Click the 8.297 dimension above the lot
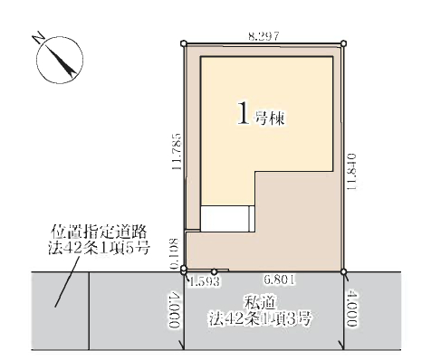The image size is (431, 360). click(x=263, y=36)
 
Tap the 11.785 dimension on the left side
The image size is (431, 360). click(x=177, y=151)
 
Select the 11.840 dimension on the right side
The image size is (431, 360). click(x=351, y=172)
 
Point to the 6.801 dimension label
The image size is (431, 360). click(x=279, y=279)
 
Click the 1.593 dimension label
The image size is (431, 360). click(x=204, y=281)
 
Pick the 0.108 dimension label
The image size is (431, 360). click(x=174, y=253)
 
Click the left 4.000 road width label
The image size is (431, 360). click(x=174, y=309)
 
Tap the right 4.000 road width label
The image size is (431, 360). click(x=351, y=308)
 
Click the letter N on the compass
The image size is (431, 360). click(x=38, y=38)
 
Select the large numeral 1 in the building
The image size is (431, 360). click(x=244, y=113)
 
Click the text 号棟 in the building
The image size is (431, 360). click(x=270, y=118)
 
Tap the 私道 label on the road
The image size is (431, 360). click(x=260, y=303)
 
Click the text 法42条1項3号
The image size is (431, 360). click(x=260, y=318)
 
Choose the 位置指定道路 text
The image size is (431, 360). click(x=99, y=232)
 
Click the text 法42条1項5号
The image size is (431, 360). click(x=99, y=249)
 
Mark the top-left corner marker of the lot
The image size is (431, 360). click(x=184, y=43)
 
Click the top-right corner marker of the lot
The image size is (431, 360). click(x=343, y=43)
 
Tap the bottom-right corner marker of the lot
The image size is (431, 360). click(x=343, y=271)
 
